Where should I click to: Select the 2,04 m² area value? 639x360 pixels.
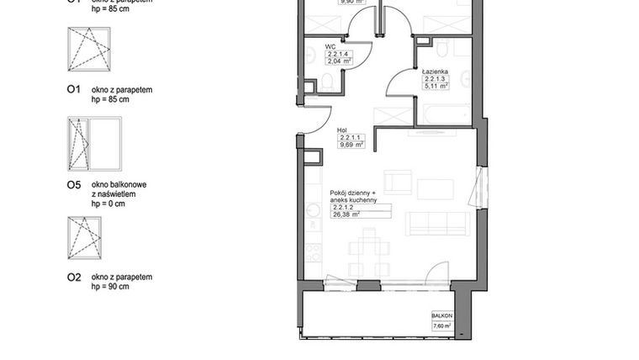(x=341, y=61)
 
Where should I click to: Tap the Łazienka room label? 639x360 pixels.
(x=436, y=72)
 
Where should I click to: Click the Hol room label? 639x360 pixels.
(x=342, y=130)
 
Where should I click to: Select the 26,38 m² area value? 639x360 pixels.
(x=346, y=214)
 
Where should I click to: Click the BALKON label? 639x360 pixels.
(x=441, y=315)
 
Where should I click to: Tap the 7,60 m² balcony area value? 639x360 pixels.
(x=441, y=326)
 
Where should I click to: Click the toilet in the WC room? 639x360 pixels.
(x=328, y=82)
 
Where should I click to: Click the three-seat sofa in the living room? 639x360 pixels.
(x=437, y=223)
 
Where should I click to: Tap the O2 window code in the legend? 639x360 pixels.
(x=73, y=277)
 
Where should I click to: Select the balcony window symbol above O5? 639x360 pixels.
(x=93, y=142)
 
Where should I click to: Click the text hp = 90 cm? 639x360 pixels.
(x=110, y=288)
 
